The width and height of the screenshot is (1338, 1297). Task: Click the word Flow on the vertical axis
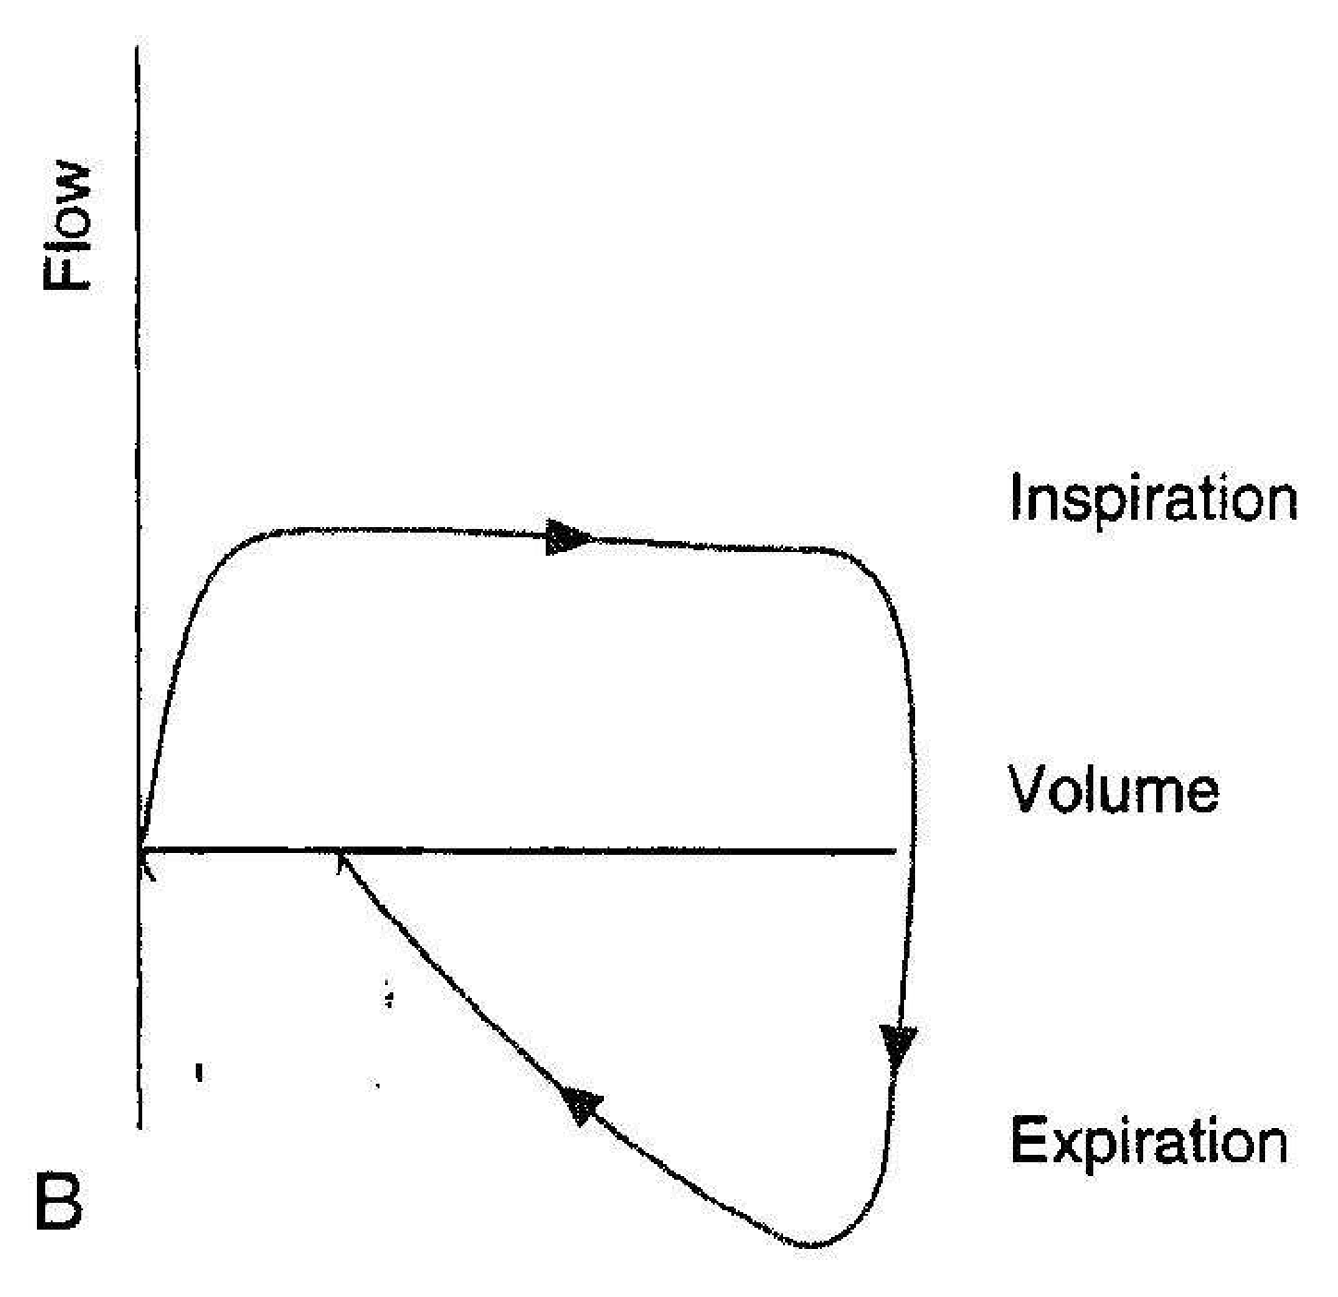point(66,226)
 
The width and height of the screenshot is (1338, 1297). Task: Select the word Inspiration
point(1153,499)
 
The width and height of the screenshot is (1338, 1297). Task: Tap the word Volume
point(1114,789)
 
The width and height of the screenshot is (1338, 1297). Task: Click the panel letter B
point(59,1203)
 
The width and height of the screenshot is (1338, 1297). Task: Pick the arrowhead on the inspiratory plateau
point(568,537)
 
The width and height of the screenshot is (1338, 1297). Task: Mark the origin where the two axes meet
point(139,852)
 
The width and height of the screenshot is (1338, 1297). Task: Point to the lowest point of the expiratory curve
point(812,1244)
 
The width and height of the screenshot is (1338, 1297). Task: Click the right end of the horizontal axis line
point(895,852)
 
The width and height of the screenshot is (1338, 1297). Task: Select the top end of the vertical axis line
point(138,47)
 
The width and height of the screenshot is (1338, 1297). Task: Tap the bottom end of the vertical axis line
point(140,1128)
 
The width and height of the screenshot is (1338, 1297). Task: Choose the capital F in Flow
point(66,272)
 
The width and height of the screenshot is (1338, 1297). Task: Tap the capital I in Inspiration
point(1016,498)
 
